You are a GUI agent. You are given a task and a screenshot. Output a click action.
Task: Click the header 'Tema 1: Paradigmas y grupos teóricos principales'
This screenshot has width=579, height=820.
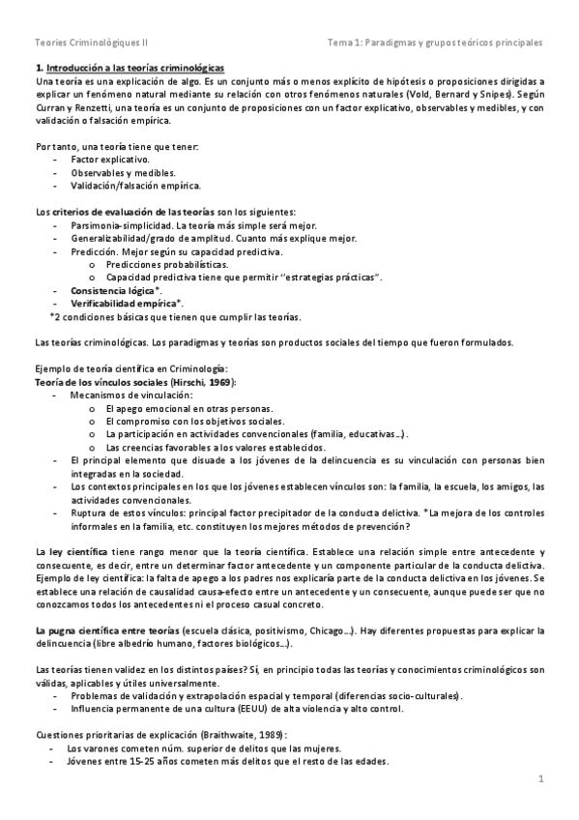coord(436,44)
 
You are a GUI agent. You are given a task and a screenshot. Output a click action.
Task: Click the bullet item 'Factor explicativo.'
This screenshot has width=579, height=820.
coord(110,158)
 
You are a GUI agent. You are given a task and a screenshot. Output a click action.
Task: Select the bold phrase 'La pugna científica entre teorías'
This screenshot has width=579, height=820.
coord(106,630)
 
